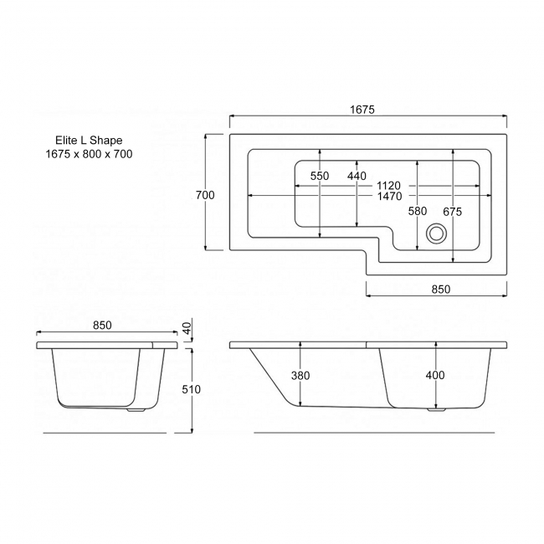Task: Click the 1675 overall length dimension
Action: tap(362, 110)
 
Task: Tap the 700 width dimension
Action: tap(205, 195)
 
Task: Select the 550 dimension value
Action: tap(320, 176)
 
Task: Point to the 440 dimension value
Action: tap(357, 176)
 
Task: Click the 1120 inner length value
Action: tap(388, 186)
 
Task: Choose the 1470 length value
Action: tap(390, 197)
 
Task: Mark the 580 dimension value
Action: tap(418, 211)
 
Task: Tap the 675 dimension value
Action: tap(453, 212)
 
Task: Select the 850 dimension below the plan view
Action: tap(440, 289)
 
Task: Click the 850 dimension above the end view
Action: tap(103, 325)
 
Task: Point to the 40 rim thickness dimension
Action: tap(187, 328)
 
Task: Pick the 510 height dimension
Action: tap(191, 389)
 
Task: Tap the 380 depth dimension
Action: tap(300, 376)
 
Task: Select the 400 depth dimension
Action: tap(435, 375)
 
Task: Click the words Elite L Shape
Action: tap(89, 140)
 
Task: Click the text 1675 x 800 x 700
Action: tap(89, 154)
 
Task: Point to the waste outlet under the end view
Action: tap(136, 410)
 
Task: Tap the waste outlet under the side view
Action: tap(436, 409)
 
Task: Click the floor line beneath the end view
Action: tap(105, 433)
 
